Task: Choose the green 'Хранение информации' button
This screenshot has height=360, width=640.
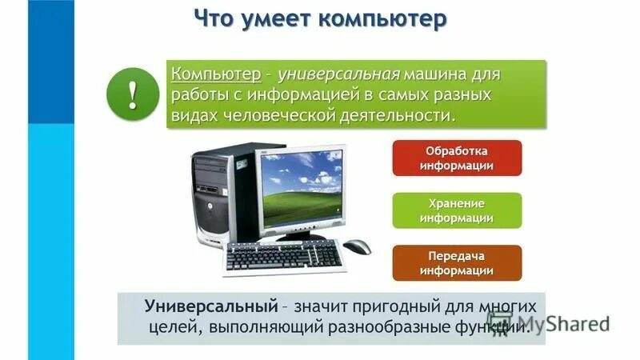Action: coord(456,210)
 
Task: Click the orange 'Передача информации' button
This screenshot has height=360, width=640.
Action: coord(456,263)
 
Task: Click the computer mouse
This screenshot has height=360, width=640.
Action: coord(358,246)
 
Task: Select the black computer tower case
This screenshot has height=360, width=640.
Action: coord(214,196)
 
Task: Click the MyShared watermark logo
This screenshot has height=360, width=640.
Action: coord(572,324)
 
